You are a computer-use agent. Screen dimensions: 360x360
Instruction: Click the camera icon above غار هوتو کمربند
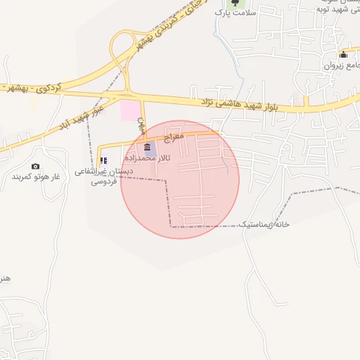point(36,166)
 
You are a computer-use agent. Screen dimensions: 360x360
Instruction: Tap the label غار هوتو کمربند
point(36,176)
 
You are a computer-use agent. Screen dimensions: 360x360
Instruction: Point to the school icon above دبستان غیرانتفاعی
point(104,161)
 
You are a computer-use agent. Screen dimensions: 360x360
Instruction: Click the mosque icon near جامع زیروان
point(343,55)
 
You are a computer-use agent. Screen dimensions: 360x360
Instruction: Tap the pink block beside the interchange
point(130,110)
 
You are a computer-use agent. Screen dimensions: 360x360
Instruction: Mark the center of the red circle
point(180,179)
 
